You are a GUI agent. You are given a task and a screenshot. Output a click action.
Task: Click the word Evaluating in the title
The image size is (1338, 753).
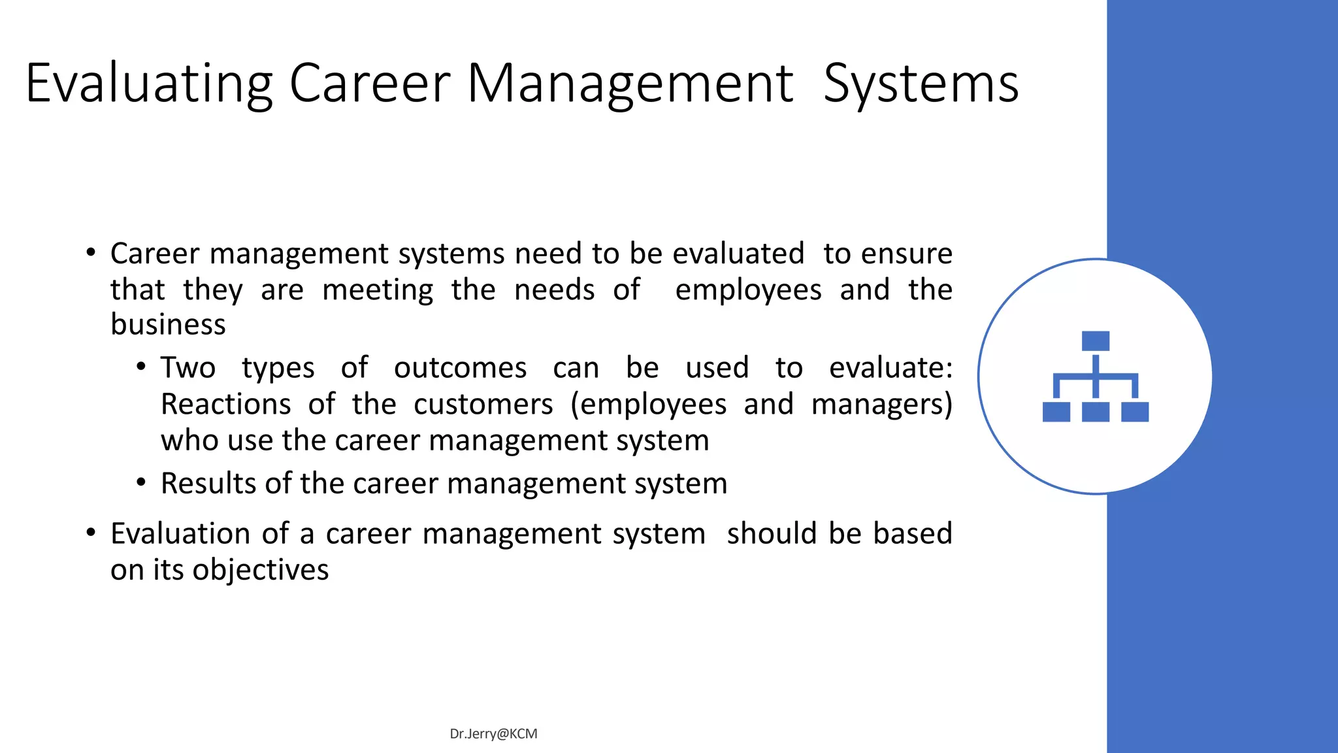[x=149, y=84]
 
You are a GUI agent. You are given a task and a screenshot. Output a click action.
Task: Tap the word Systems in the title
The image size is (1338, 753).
[x=921, y=84]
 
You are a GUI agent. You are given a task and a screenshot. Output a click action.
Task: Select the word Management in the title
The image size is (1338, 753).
[x=630, y=84]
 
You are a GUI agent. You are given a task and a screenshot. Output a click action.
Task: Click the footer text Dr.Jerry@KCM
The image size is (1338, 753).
[x=493, y=734]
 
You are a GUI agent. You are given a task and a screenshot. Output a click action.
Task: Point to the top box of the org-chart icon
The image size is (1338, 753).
[x=1096, y=341]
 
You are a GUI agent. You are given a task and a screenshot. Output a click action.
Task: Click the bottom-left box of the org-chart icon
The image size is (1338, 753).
[x=1056, y=412]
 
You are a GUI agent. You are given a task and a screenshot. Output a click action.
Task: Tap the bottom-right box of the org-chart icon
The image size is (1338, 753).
[x=1135, y=412]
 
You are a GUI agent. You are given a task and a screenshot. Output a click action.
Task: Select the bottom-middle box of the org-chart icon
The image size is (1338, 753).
[x=1096, y=412]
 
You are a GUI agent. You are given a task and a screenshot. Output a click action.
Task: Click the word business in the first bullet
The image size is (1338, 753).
[x=168, y=325]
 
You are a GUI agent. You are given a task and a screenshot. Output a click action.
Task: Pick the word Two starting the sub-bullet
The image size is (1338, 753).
[x=188, y=367]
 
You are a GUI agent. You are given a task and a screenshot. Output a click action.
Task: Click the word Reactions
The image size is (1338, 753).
[x=225, y=404]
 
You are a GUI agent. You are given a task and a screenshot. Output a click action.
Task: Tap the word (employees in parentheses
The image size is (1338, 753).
[x=648, y=404]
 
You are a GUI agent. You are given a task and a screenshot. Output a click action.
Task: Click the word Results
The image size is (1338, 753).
[x=209, y=484]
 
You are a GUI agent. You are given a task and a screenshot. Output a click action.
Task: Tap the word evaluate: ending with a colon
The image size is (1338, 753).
[x=890, y=367]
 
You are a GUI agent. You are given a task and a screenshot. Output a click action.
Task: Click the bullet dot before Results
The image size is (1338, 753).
[x=141, y=483]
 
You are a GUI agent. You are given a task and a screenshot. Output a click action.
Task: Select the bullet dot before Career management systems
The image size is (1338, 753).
[x=91, y=252]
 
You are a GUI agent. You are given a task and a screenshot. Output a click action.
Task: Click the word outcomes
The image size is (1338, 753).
[x=460, y=367]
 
